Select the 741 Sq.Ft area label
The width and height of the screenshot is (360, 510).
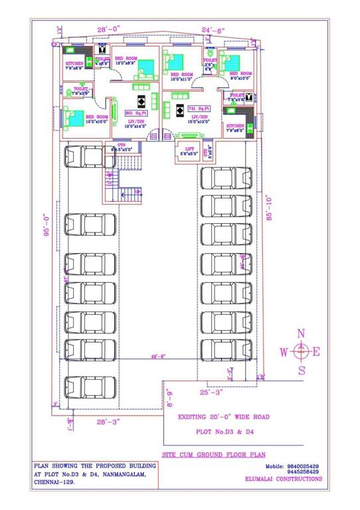coord(199,108)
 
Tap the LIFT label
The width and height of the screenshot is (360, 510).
coord(189,149)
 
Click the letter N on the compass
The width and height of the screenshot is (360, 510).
coord(301,333)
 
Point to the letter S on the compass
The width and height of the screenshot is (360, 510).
coord(301,370)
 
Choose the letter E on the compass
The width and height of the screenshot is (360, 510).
coord(317,352)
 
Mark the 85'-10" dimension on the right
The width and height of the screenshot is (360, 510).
coord(269,210)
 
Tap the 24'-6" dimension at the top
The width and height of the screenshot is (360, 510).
coord(215,30)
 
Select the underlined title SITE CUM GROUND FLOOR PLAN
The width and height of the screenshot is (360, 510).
coord(213,456)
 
